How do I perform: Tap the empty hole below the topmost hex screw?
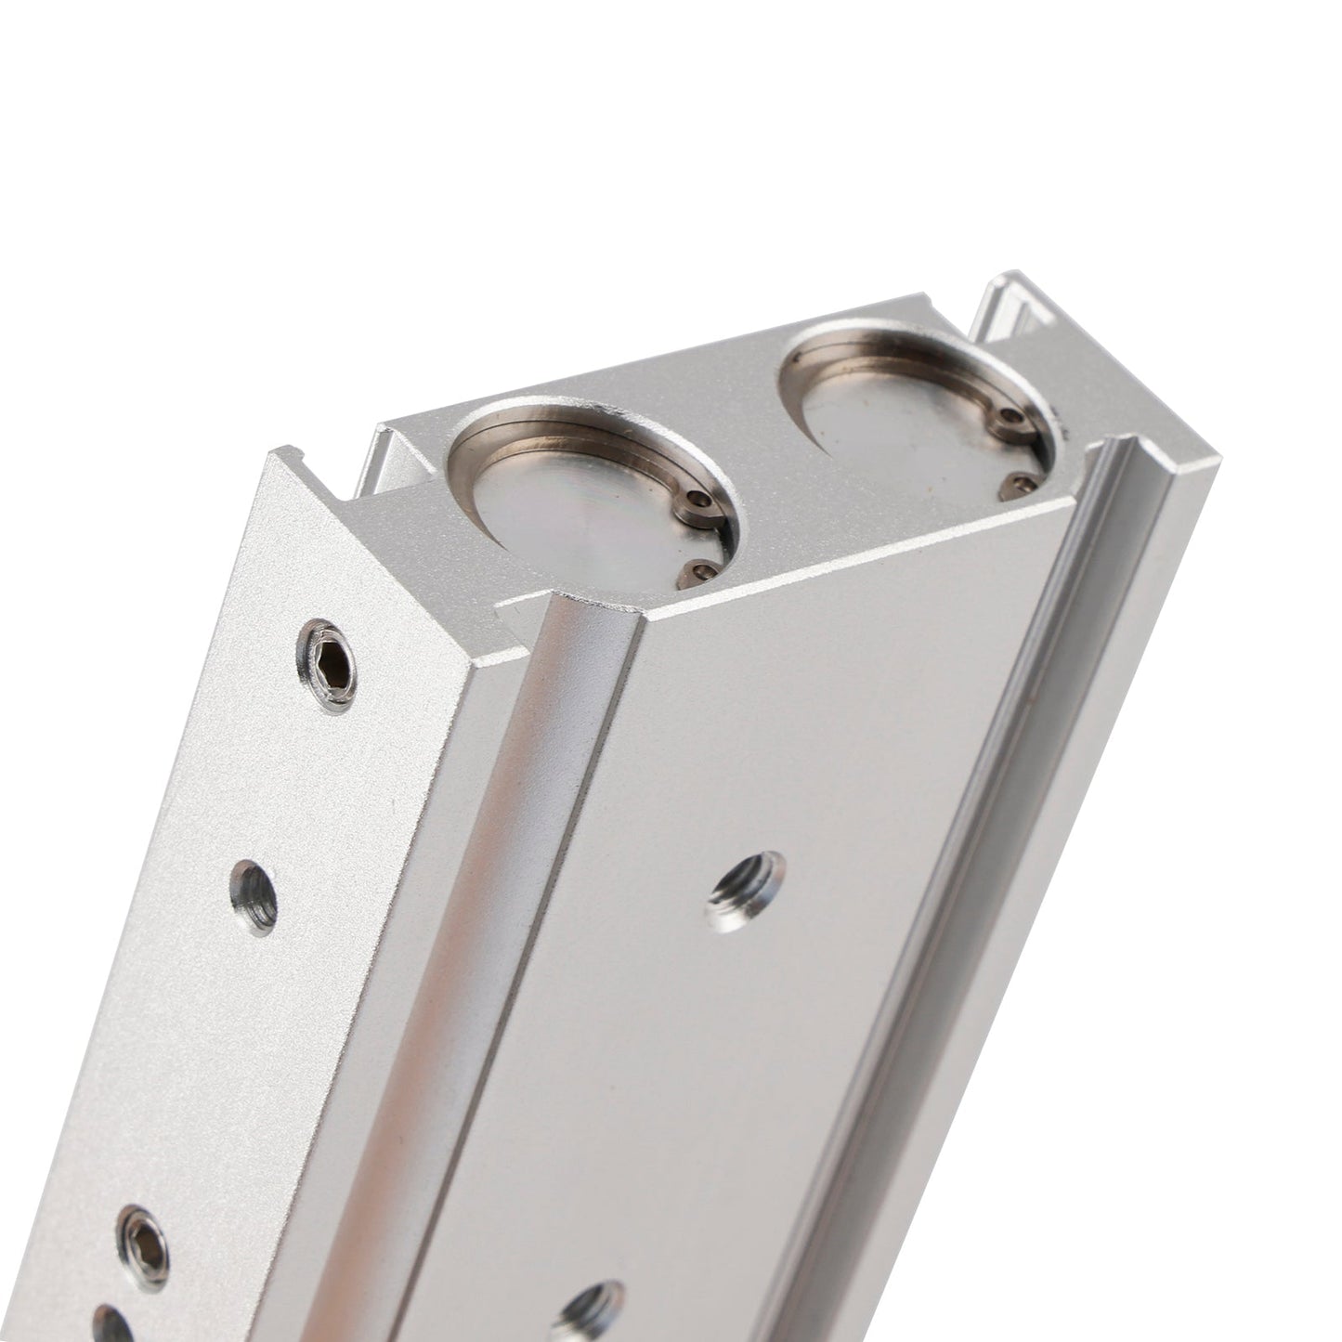[x=254, y=896]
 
